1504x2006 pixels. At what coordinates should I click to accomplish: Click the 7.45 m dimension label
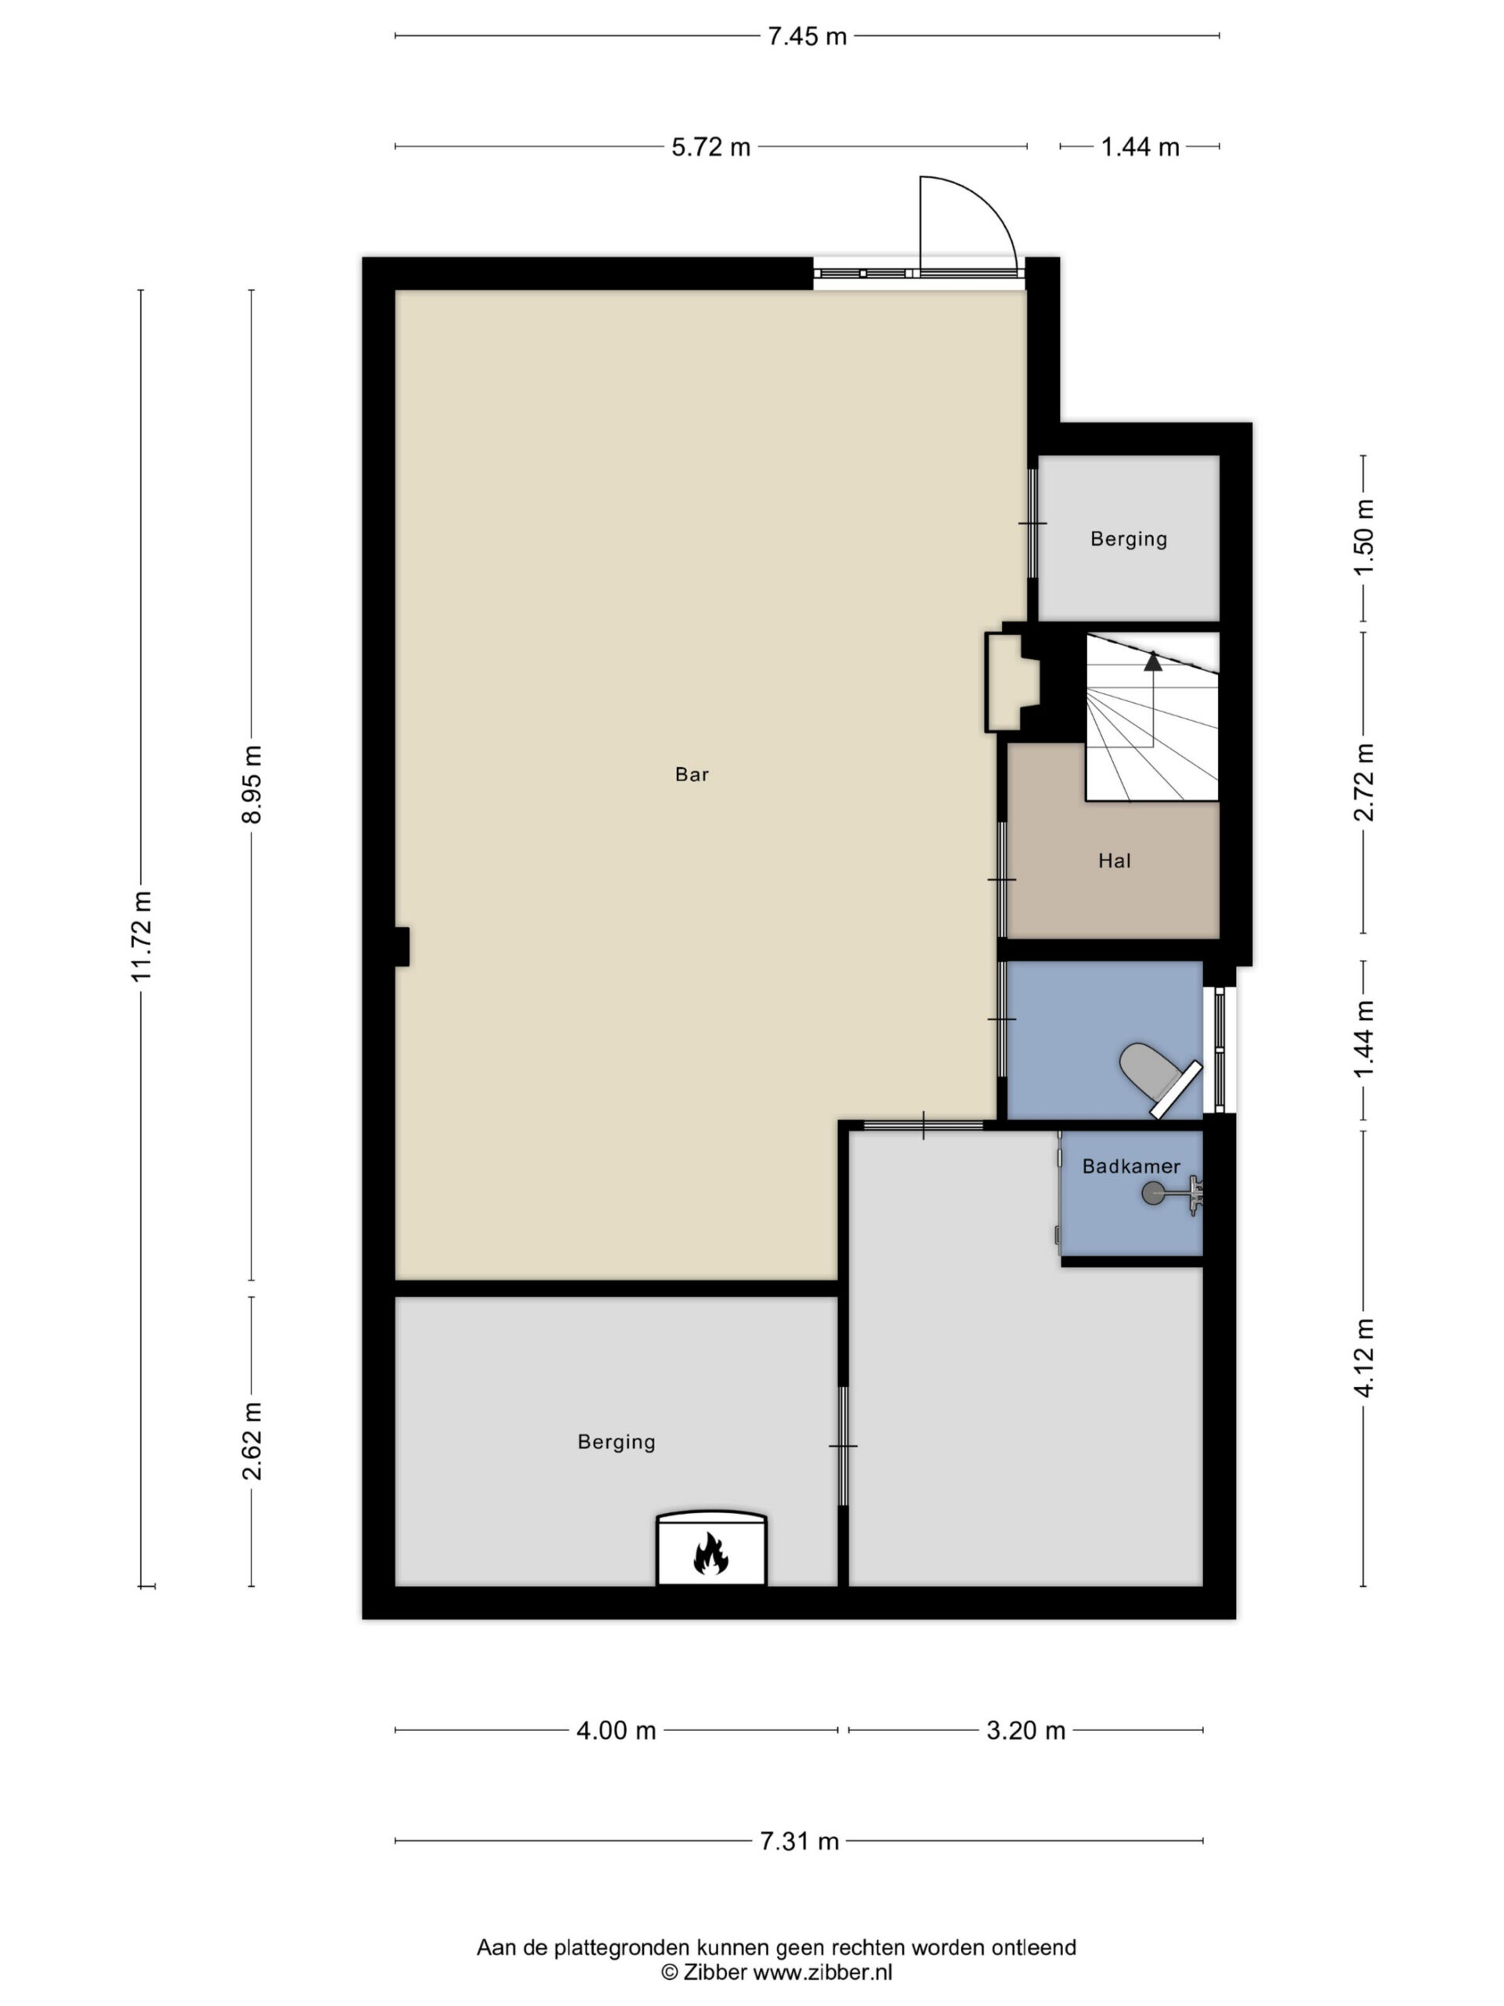(807, 36)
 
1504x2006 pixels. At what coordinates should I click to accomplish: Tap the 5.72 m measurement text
(710, 147)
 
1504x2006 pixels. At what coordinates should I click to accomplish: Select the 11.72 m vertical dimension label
(142, 936)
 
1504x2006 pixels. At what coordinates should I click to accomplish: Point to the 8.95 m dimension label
(251, 784)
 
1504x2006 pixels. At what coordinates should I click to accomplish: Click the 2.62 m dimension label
(251, 1441)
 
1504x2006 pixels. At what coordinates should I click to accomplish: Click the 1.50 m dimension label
(1362, 537)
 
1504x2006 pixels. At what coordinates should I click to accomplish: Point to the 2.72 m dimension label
(1362, 782)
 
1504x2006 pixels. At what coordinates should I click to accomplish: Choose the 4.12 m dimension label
(1362, 1359)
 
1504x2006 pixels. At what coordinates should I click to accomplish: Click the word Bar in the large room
(692, 773)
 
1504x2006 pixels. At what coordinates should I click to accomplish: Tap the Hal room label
(1114, 860)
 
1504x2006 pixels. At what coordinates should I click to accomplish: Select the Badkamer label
(1131, 1166)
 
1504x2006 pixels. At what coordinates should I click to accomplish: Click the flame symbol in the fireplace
(710, 1552)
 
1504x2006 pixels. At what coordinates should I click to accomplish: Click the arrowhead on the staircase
(1152, 661)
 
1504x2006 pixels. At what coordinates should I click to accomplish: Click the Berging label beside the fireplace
(616, 1441)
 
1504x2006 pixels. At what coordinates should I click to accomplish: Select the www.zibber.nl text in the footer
(823, 1972)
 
